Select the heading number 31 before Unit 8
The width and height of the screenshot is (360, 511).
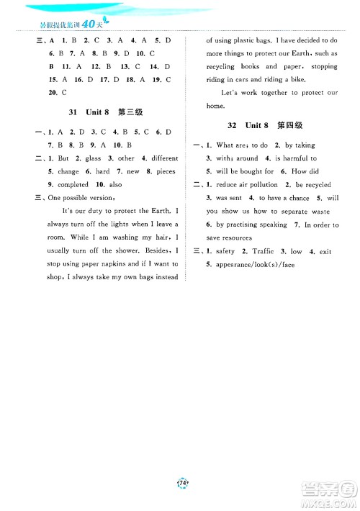pos(70,113)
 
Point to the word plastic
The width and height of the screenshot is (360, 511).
pos(264,42)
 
